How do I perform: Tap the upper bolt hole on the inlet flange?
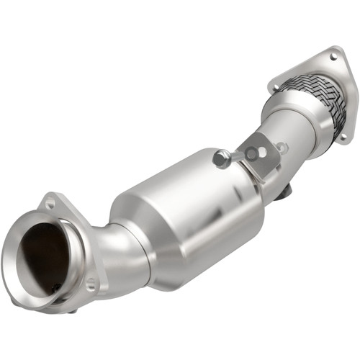(x=50, y=204)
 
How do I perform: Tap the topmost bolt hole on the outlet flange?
(x=333, y=55)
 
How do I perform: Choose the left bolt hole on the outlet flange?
(x=274, y=89)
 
